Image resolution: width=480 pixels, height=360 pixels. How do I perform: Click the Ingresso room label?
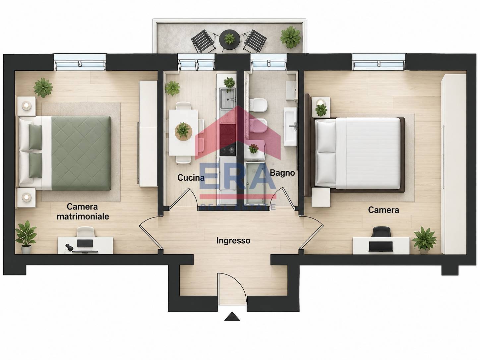(233, 241)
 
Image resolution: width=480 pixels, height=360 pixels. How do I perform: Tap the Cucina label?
(191, 178)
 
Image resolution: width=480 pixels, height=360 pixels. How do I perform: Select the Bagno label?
(282, 173)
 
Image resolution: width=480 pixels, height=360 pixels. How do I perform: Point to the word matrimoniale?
(83, 216)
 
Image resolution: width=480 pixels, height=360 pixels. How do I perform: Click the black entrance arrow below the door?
(232, 317)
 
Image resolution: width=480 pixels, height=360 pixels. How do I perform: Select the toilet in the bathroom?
(259, 105)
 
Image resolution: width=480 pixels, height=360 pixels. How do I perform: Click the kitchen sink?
(228, 99)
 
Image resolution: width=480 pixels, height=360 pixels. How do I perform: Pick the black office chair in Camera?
(381, 232)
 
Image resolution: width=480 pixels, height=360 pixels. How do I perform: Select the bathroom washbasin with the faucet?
(290, 127)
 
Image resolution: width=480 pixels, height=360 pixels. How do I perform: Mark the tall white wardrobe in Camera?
(454, 164)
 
